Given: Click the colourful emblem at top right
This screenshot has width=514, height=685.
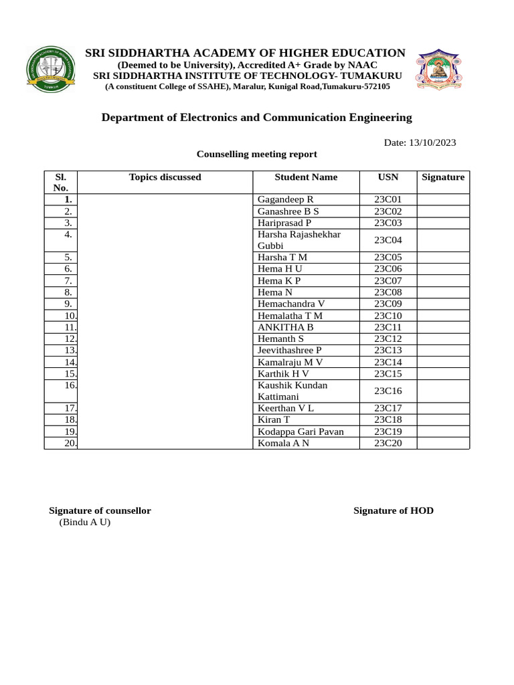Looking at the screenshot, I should pos(440,70).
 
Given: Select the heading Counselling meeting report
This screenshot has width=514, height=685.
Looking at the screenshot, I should pos(256,154).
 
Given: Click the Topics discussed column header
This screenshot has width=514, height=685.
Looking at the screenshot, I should pos(165,177).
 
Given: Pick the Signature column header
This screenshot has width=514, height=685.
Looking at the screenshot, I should pos(443,177).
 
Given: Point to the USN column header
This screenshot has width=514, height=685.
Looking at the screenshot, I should pos(388,177).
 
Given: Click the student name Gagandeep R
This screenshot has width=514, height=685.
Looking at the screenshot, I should pos(286,199).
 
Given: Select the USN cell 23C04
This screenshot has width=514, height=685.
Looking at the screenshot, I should pos(388,240).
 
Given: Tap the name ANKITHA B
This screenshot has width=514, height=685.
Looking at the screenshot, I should pos(286,327).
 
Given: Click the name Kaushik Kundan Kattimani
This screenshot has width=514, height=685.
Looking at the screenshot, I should pos(292,391).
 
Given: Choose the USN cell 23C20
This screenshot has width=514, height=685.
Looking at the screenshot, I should pos(388,443).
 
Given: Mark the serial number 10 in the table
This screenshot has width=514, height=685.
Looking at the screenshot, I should pos(70,316).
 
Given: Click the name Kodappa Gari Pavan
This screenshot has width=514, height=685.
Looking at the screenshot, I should pos(301,431).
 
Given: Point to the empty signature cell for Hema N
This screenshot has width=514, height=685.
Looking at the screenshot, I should pos(443,292).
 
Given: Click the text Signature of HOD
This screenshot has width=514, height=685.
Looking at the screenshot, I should pos(394,510).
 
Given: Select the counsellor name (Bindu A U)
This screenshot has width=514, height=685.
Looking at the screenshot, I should pos(85,522).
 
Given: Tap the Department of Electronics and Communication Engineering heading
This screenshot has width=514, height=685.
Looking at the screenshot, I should pos(256,118).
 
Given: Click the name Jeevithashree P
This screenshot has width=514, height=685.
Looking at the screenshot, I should pos(290,351).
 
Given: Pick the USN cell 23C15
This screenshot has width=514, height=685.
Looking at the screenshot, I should pos(388,374).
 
